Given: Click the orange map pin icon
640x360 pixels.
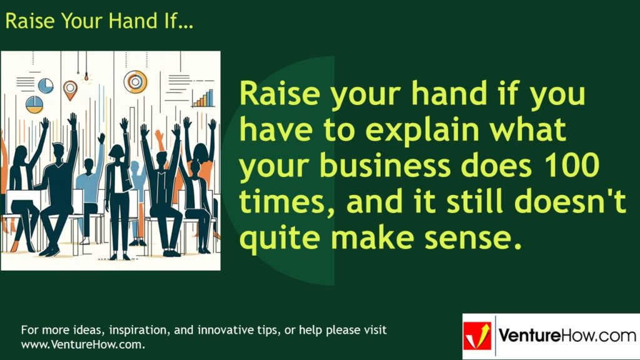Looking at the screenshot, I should point(70,89).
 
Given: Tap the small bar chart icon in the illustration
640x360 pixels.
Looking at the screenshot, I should point(204,98).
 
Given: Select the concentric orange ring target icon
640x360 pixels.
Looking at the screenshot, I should point(135,81).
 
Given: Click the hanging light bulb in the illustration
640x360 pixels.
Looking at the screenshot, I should point(86,78).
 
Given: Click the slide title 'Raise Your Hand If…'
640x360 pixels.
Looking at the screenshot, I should point(99,21).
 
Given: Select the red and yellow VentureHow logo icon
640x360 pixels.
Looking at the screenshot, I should point(477,336).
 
